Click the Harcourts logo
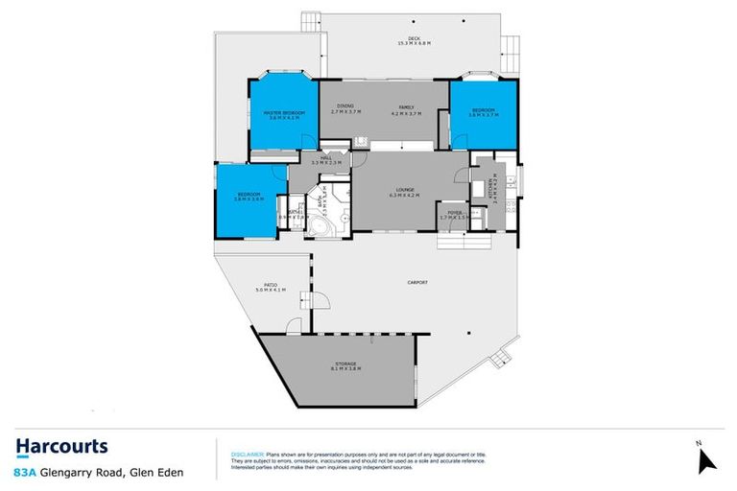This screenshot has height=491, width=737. pos(61,446)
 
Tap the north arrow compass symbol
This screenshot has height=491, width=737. pos(707,457)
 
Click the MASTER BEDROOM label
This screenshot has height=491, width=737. pos(285,113)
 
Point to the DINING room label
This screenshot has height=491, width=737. pos(343,105)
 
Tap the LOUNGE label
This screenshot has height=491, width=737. pos(399,189)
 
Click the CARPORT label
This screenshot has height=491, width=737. pos(416,282)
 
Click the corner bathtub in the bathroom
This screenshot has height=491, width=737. pos(316,226)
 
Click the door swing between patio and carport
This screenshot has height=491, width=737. pos(321,304)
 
